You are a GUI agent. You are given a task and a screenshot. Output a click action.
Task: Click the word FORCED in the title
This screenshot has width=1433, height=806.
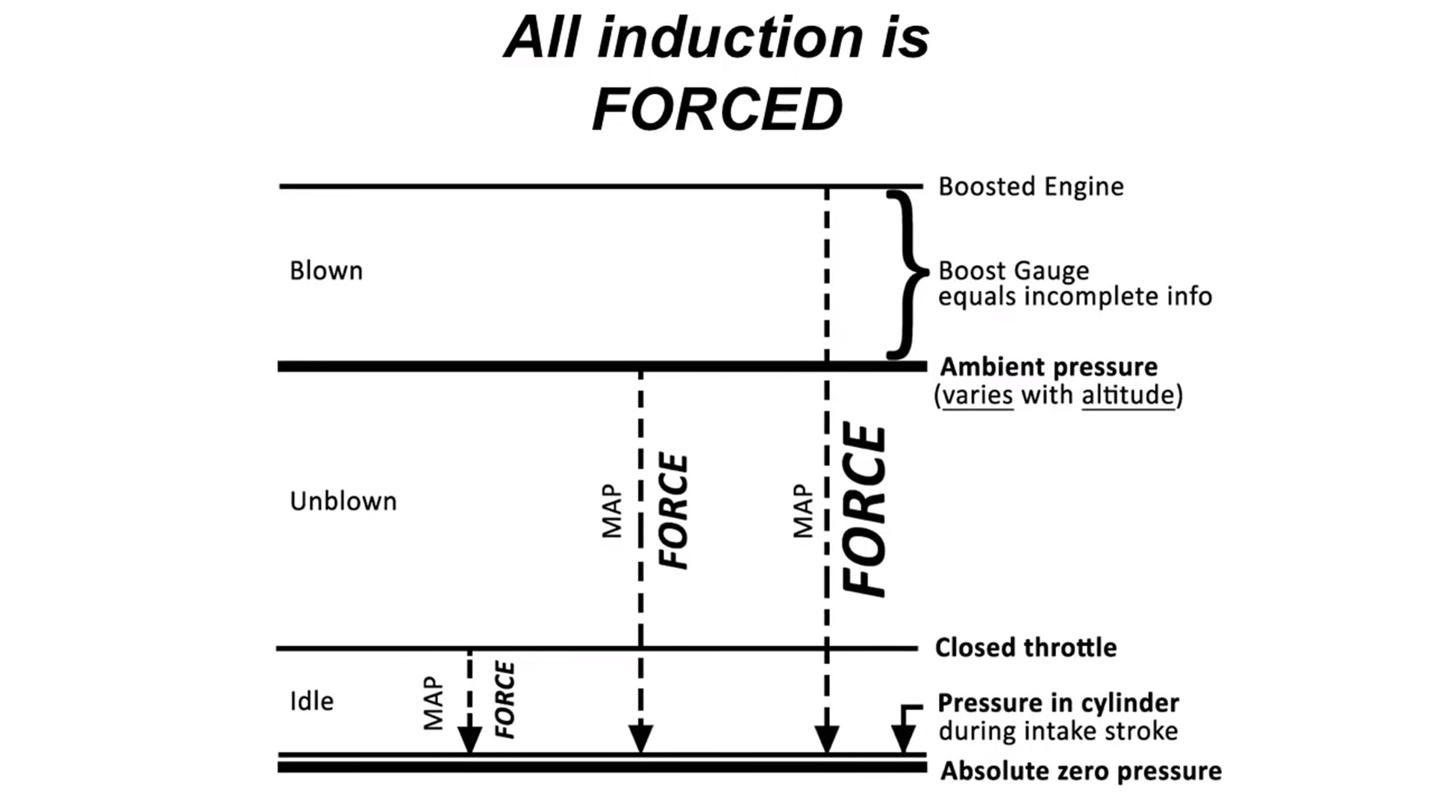tap(717, 109)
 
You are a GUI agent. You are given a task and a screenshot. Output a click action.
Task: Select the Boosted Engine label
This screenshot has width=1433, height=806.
tap(1031, 187)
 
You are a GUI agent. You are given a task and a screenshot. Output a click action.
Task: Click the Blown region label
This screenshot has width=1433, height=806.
tap(326, 270)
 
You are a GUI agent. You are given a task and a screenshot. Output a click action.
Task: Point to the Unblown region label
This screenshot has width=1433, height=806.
tap(343, 501)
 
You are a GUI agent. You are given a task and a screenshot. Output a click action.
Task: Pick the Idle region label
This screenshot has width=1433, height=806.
tap(312, 701)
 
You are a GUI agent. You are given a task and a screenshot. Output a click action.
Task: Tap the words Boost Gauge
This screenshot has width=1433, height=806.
tap(1014, 270)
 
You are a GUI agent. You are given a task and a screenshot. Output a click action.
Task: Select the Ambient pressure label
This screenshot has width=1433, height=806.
tap(1049, 366)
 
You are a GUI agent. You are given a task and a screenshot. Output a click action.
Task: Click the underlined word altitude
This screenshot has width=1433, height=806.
tap(1128, 395)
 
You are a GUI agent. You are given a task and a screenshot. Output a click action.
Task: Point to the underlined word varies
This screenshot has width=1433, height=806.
tap(978, 395)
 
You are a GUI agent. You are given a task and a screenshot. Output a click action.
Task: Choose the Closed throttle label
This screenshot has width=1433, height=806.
tap(1026, 647)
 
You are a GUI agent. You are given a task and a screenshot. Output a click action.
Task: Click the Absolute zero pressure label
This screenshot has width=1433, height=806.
tap(1081, 771)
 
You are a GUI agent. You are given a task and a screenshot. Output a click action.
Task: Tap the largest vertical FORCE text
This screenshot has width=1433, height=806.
tap(864, 510)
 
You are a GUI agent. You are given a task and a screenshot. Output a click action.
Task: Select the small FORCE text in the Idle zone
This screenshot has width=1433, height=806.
tap(505, 699)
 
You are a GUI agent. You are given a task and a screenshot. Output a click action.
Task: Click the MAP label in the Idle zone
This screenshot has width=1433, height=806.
tap(433, 703)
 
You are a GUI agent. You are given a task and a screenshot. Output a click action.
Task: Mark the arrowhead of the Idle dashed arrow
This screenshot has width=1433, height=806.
tap(469, 739)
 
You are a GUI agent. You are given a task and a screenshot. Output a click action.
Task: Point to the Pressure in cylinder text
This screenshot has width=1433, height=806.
tap(1058, 703)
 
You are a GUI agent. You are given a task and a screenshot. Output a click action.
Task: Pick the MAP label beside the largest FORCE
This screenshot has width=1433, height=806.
tap(802, 511)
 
